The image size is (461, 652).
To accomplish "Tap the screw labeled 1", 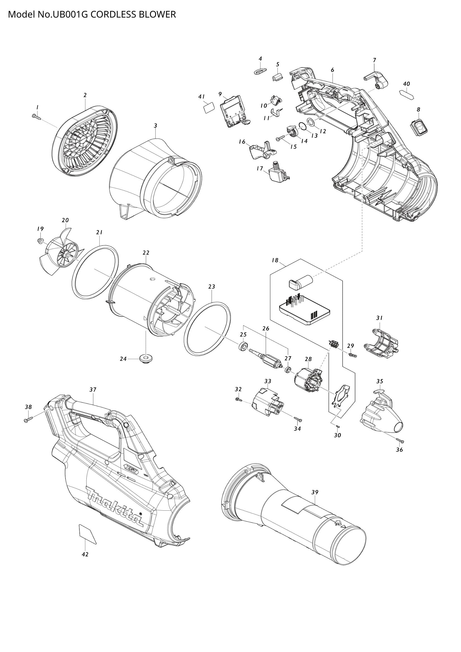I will click(x=36, y=117).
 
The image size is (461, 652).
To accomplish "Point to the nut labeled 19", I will click(x=40, y=241).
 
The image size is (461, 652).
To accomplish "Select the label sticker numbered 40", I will click(x=407, y=94).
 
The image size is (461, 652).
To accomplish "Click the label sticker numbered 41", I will click(x=209, y=108).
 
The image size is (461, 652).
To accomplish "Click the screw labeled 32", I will click(x=238, y=400).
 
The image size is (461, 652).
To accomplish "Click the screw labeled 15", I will click(x=280, y=138).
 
